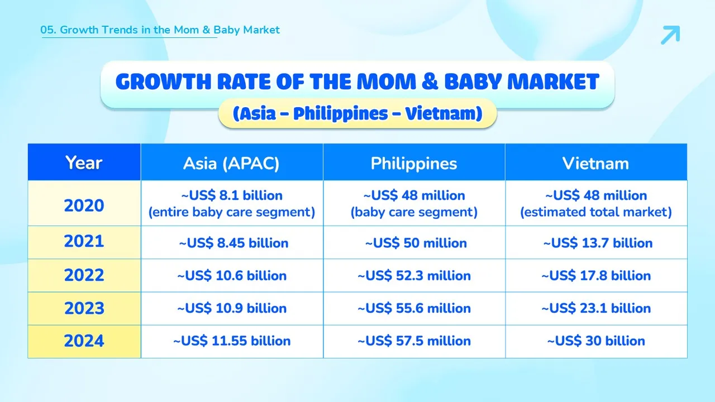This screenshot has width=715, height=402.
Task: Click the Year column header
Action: pyautogui.click(x=84, y=162)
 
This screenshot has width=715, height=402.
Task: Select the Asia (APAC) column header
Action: pyautogui.click(x=231, y=164)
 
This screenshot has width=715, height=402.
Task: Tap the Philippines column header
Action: pyautogui.click(x=414, y=164)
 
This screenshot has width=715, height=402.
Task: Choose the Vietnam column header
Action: pyautogui.click(x=595, y=164)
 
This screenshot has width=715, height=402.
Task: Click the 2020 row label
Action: pyautogui.click(x=84, y=205)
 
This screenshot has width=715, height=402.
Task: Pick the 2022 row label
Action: pyautogui.click(x=84, y=275)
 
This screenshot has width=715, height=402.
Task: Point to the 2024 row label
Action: pyautogui.click(x=84, y=341)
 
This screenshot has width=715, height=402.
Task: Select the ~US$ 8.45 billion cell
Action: pyautogui.click(x=233, y=243)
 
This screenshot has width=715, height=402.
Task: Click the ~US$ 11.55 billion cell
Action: pyautogui.click(x=232, y=341)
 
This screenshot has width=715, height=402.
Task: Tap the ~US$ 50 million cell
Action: pyautogui.click(x=416, y=243)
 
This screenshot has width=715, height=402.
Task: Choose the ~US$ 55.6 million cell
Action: pyautogui.click(x=414, y=308)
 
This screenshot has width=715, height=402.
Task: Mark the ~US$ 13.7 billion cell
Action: pyautogui.click(x=598, y=243)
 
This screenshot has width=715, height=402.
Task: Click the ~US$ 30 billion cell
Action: pyautogui.click(x=596, y=341)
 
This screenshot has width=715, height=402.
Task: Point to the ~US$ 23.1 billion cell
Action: pyautogui.click(x=596, y=308)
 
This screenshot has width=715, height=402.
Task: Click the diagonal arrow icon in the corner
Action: pyautogui.click(x=670, y=35)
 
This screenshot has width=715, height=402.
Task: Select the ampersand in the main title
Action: pyautogui.click(x=430, y=82)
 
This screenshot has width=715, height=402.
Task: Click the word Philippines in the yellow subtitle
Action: pyautogui.click(x=341, y=113)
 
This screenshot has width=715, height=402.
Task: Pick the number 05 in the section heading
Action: pyautogui.click(x=46, y=30)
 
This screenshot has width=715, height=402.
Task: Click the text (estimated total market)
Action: pyautogui.click(x=596, y=212)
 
